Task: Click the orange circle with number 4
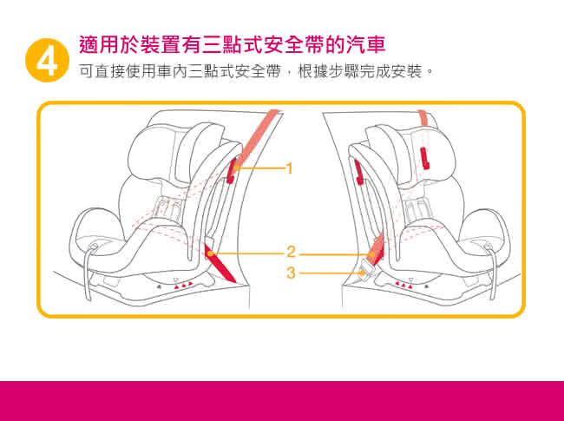click(x=47, y=60)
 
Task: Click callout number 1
click(x=289, y=168)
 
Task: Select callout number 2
click(x=291, y=252)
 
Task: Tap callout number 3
click(x=291, y=273)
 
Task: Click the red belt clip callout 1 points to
click(x=232, y=170)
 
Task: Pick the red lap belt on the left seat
click(x=219, y=263)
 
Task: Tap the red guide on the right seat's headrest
click(x=424, y=157)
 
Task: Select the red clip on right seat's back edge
click(x=358, y=172)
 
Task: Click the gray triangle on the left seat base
click(x=160, y=286)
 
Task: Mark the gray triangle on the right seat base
click(x=426, y=286)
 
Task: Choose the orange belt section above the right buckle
click(x=377, y=251)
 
